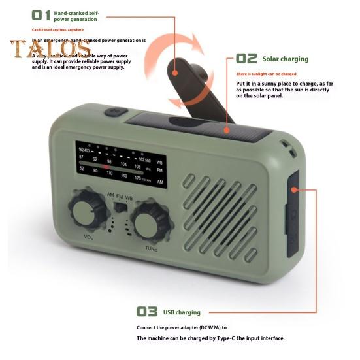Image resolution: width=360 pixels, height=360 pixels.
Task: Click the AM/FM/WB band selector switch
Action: tap(119, 206)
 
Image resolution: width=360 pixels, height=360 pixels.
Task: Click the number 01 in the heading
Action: tap(41, 14)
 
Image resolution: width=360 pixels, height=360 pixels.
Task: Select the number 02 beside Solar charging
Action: tap(246, 59)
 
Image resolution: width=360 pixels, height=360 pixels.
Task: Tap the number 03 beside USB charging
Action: tap(148, 312)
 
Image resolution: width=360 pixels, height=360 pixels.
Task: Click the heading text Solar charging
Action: tap(285, 59)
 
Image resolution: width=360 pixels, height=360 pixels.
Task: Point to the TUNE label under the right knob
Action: tap(151, 248)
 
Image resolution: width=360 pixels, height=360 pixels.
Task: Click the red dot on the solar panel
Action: tap(225, 129)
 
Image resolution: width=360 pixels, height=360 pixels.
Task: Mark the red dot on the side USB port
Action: tap(295, 189)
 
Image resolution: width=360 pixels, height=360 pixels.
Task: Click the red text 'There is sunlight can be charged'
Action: tap(266, 74)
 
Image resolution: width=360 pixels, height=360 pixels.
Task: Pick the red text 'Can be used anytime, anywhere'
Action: tap(58, 29)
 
